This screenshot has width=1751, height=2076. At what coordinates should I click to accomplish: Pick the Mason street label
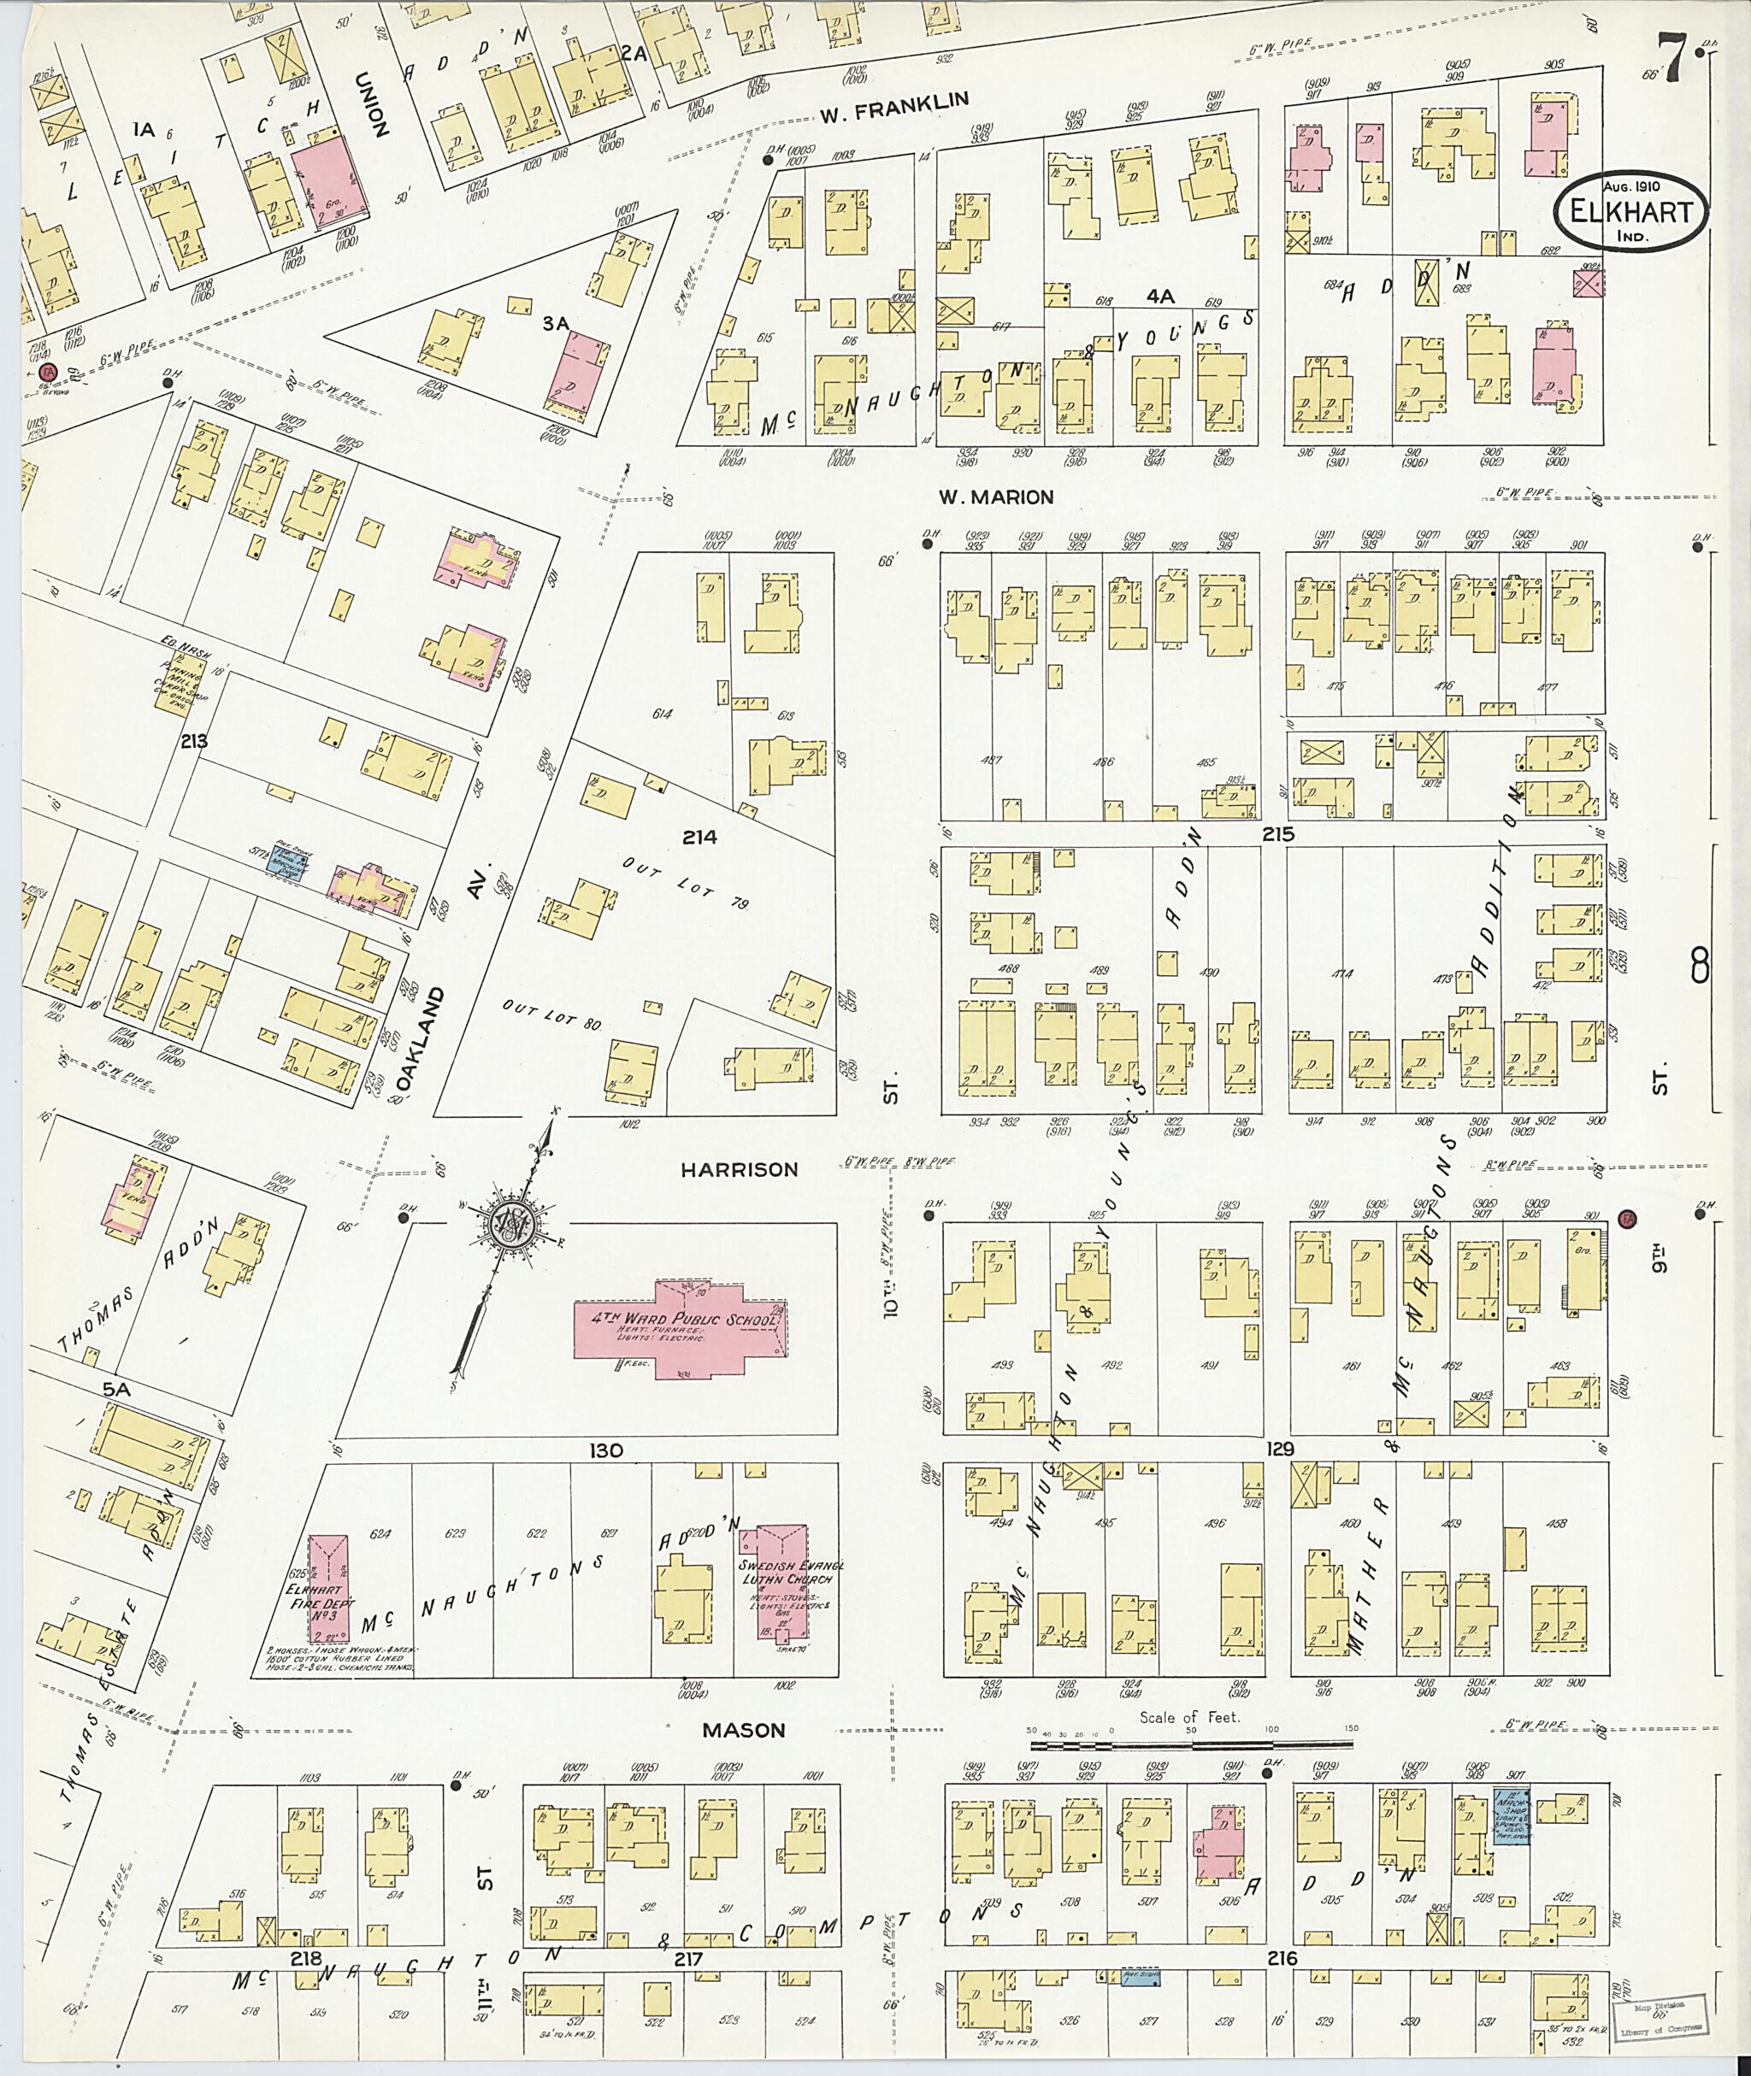point(744,1730)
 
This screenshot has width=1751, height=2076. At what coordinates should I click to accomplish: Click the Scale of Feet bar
point(1191,1744)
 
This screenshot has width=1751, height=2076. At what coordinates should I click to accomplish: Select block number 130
point(605,1451)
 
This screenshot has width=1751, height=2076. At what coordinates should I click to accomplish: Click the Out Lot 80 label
point(552,1014)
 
